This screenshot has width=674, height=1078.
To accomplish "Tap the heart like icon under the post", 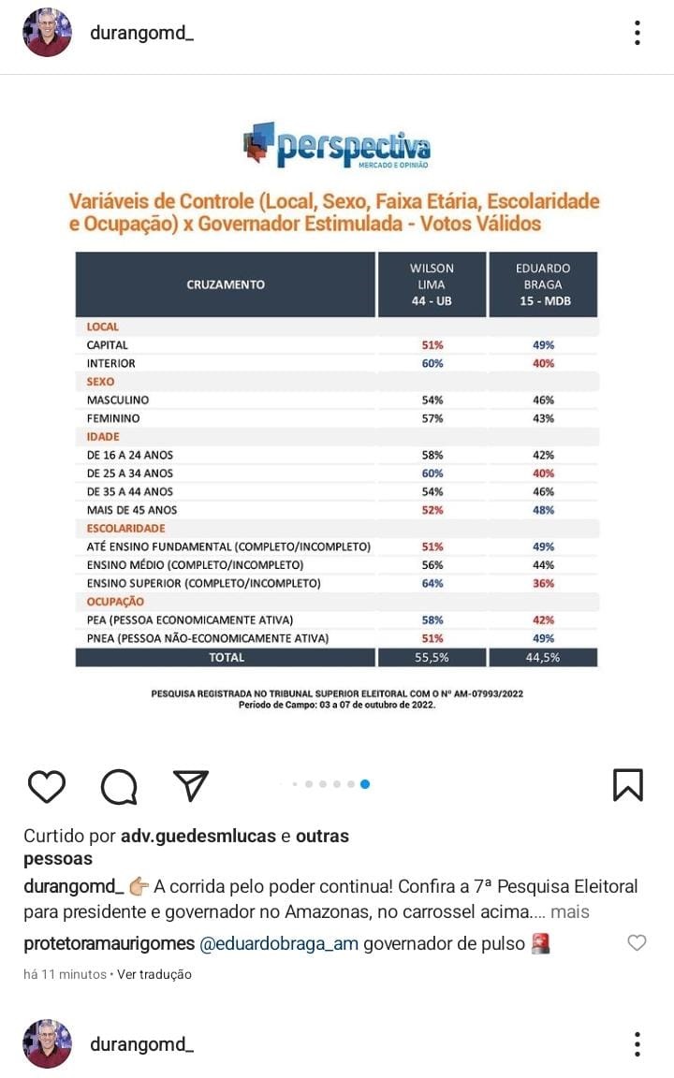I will tap(46, 786).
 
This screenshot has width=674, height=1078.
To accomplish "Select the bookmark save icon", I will tap(627, 785).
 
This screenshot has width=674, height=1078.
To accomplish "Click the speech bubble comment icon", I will tap(119, 787).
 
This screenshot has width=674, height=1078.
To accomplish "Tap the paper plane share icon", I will tap(191, 786).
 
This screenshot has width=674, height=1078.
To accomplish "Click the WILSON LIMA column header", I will tap(432, 284).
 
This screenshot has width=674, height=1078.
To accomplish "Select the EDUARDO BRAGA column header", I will tap(543, 284).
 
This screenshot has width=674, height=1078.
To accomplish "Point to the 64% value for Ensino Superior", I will tap(432, 583).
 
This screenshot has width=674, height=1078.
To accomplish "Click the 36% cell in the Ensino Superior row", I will tap(543, 583).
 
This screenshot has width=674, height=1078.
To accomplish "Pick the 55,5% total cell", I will tap(432, 657).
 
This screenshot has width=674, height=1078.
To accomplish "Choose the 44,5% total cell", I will tap(543, 657).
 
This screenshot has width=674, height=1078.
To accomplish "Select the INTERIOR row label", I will tap(110, 363).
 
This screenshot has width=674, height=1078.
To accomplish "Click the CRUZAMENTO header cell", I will tap(226, 284).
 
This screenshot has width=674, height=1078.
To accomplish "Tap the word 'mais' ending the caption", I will tap(570, 911).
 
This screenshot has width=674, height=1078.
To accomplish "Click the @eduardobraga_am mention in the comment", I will tap(279, 943).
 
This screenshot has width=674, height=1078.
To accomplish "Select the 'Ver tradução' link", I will tap(154, 974).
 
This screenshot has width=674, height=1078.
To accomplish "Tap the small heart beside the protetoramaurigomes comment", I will tap(637, 943).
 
